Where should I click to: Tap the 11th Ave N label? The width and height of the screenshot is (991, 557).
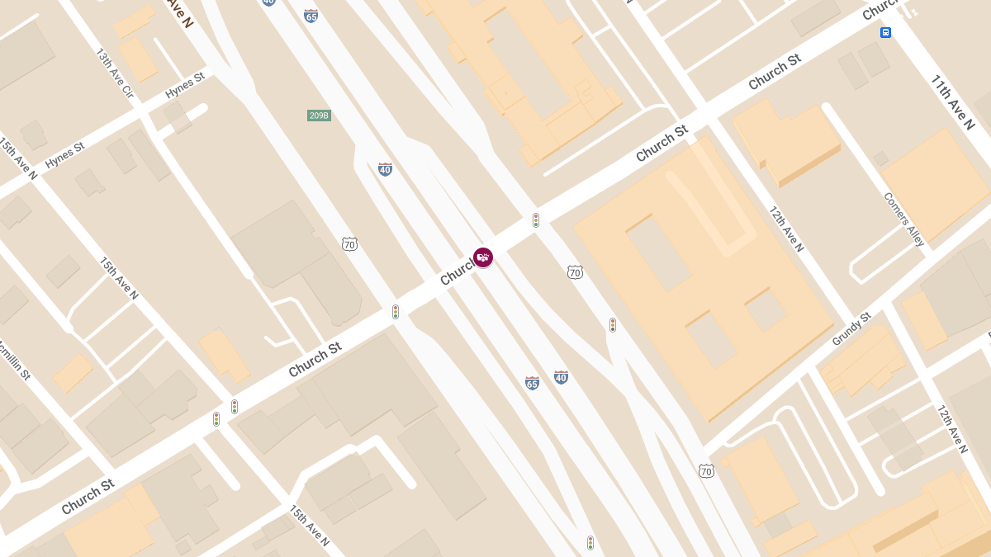pyautogui.click(x=953, y=102)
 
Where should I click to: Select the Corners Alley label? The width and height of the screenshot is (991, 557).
pyautogui.click(x=903, y=219)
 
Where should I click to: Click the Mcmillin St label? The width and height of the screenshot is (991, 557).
pyautogui.click(x=14, y=359)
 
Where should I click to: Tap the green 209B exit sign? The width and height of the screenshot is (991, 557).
pyautogui.click(x=319, y=116)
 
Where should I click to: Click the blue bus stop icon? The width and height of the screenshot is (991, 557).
pyautogui.click(x=885, y=33)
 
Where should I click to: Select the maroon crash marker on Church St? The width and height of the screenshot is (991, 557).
pyautogui.click(x=483, y=257)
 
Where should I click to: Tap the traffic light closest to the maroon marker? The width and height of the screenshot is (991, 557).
pyautogui.click(x=536, y=220)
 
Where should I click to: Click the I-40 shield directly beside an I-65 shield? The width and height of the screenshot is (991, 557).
pyautogui.click(x=561, y=377)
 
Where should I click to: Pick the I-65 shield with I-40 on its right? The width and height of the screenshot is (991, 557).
pyautogui.click(x=532, y=383)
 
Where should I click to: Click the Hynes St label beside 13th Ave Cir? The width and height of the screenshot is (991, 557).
pyautogui.click(x=184, y=85)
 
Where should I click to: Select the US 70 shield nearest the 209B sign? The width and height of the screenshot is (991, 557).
pyautogui.click(x=349, y=243)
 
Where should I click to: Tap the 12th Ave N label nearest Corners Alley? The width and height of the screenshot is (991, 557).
pyautogui.click(x=785, y=229)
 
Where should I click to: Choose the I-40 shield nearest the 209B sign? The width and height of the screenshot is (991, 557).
pyautogui.click(x=385, y=169)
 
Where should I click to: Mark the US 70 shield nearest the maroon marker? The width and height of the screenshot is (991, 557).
pyautogui.click(x=575, y=271)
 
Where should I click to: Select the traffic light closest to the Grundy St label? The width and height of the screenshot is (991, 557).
pyautogui.click(x=612, y=325)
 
